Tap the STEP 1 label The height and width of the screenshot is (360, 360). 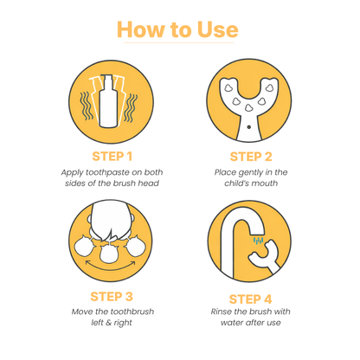tap(112, 157)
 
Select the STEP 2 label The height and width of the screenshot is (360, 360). tap(251, 157)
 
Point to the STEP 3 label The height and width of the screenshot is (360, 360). tap(112, 297)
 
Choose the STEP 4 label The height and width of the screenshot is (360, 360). tap(251, 297)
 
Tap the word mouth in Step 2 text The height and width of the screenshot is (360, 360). tap(272, 184)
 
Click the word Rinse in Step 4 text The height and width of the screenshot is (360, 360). tap(224, 312)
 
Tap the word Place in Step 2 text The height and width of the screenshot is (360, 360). tap(228, 172)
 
